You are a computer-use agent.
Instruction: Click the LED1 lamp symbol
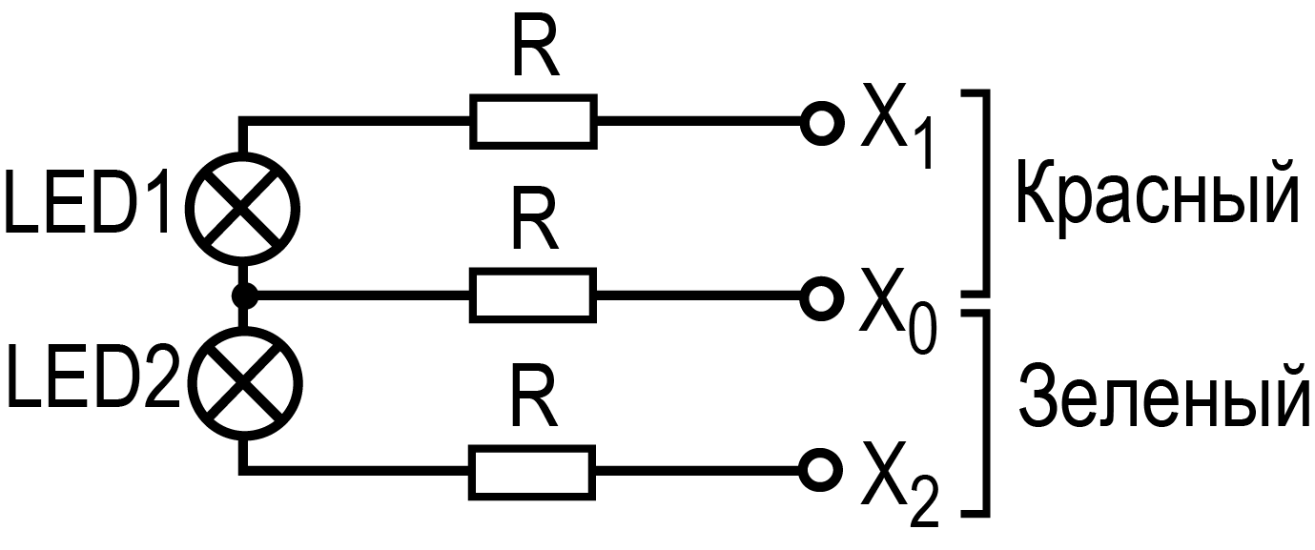coord(246,206)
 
